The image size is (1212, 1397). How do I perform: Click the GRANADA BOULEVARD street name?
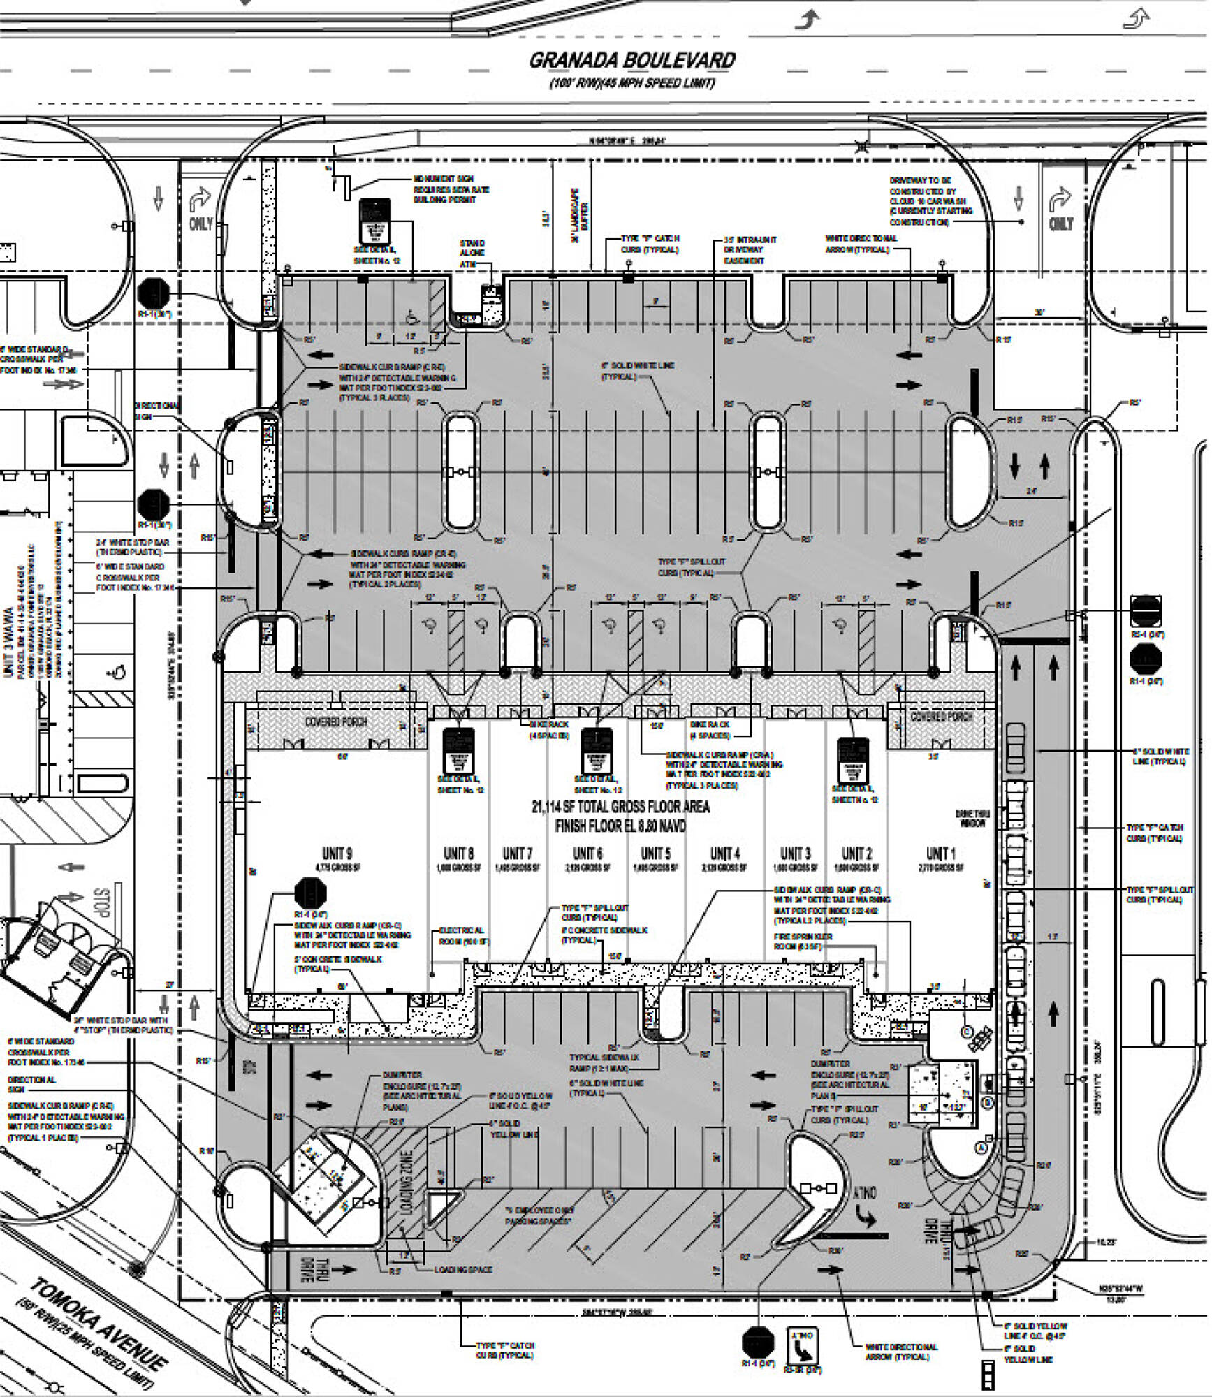pyautogui.click(x=631, y=60)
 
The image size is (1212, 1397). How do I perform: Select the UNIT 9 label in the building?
pyautogui.click(x=337, y=853)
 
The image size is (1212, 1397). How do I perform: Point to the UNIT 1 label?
pyautogui.click(x=941, y=853)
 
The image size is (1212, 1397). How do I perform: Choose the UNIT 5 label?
pyautogui.click(x=655, y=853)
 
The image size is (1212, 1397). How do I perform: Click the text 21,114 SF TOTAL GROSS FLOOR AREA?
pyautogui.click(x=620, y=807)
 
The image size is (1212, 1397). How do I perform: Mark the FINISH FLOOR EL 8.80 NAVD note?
pyautogui.click(x=620, y=826)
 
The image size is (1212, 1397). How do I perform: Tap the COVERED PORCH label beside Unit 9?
pyautogui.click(x=336, y=722)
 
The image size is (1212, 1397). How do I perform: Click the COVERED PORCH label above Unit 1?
pyautogui.click(x=942, y=717)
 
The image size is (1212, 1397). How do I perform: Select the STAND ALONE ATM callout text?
pyautogui.click(x=472, y=253)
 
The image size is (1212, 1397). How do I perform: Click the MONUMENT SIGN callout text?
pyautogui.click(x=451, y=189)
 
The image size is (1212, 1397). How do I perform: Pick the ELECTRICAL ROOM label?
pyautogui.click(x=465, y=936)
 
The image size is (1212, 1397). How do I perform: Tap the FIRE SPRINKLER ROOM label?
pyautogui.click(x=803, y=941)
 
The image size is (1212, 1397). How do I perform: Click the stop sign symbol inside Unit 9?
pyautogui.click(x=310, y=893)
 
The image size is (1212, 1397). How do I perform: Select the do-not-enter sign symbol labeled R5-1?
pyautogui.click(x=1146, y=610)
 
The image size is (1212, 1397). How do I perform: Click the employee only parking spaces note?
pyautogui.click(x=539, y=1215)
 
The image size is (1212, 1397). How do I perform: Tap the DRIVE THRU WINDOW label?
pyautogui.click(x=972, y=819)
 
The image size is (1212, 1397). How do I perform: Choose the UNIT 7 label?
pyautogui.click(x=518, y=853)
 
